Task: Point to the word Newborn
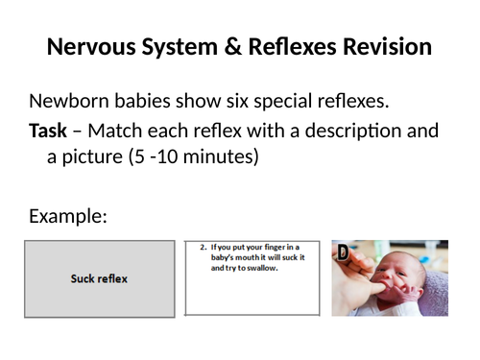[x=70, y=102]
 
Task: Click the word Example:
[x=67, y=216]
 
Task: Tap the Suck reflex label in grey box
[x=99, y=279]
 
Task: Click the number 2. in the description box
[x=204, y=247]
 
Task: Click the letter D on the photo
[x=342, y=252]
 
